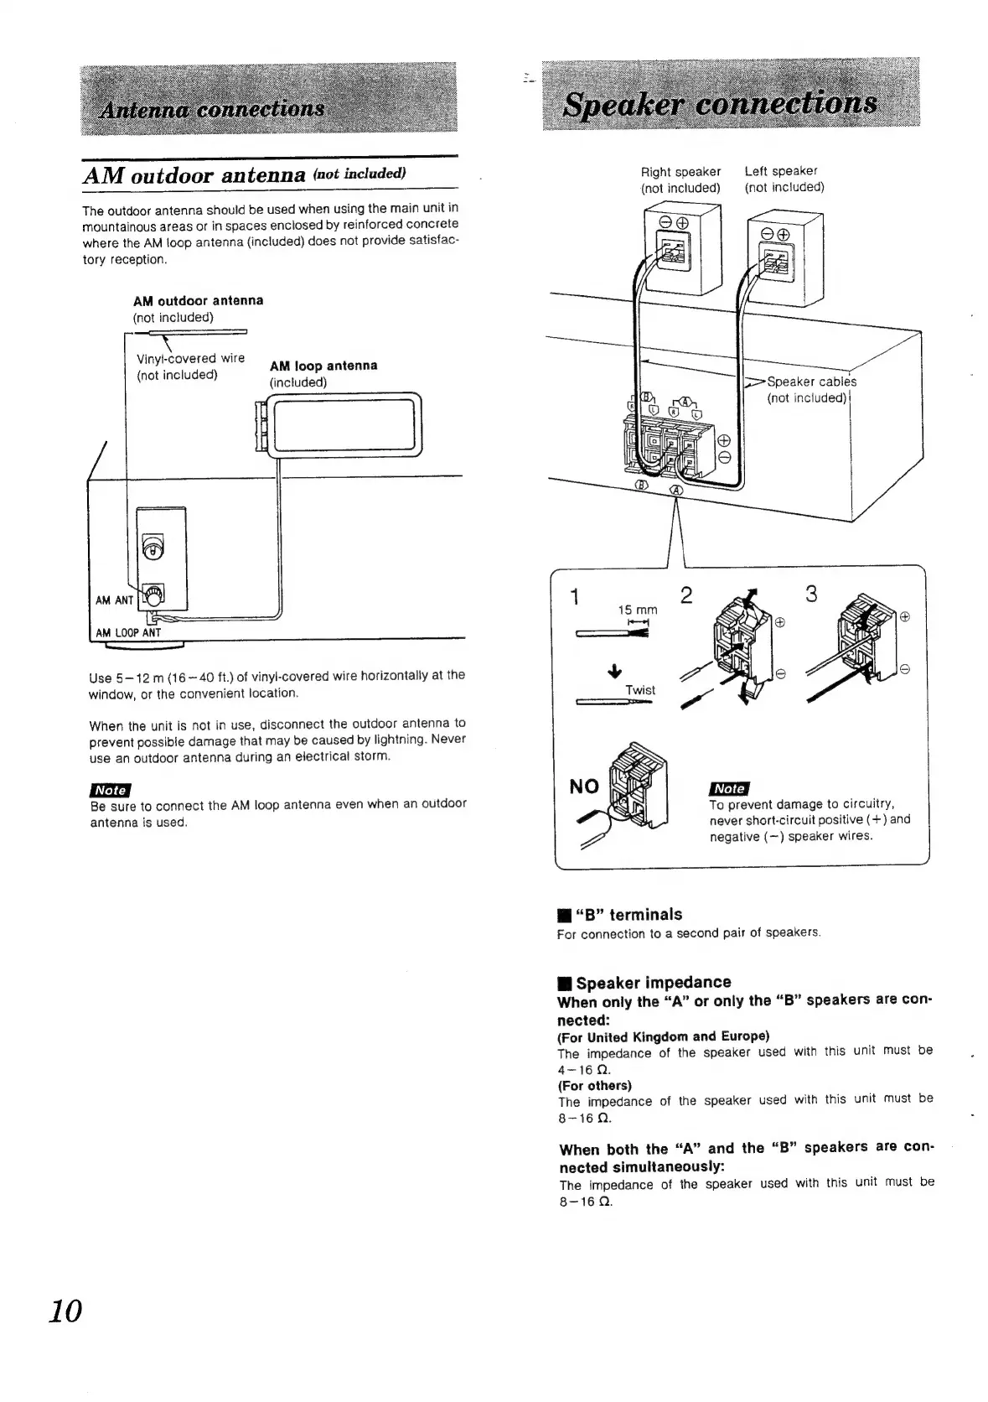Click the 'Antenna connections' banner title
(211, 110)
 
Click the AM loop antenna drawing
(339, 426)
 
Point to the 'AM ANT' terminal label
(114, 600)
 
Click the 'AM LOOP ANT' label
(128, 633)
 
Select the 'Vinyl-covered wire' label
(190, 358)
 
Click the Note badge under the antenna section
(110, 789)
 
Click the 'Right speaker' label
(680, 171)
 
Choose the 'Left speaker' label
(780, 171)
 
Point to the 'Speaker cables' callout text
(810, 382)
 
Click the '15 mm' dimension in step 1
(637, 610)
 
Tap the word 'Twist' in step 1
(640, 690)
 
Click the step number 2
(686, 595)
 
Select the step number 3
(810, 594)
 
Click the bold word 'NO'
(584, 786)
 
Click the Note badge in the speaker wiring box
(729, 787)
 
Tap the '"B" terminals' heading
(628, 914)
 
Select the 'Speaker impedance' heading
(653, 982)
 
